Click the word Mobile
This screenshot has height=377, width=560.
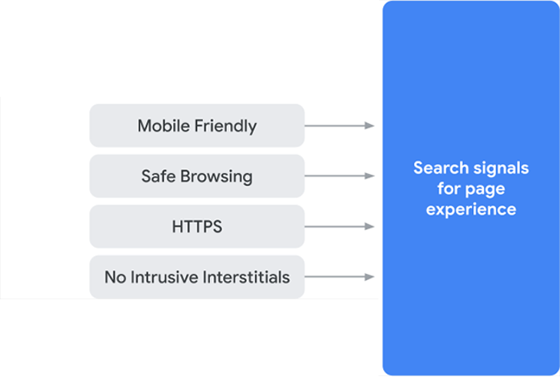coord(165,125)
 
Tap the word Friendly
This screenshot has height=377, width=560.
coord(226,126)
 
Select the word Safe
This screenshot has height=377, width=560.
coord(158,176)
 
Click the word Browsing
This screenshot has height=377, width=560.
coord(216,177)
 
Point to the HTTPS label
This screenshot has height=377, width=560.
coord(197,226)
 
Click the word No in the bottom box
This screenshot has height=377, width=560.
coord(115,277)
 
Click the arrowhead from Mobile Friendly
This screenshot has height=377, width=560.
coord(370,125)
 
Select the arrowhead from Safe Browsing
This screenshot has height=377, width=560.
coord(370,176)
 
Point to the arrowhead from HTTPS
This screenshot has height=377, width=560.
coord(370,226)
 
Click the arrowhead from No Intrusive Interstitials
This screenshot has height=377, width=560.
coord(370,276)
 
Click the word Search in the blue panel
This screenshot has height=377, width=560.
coord(441,168)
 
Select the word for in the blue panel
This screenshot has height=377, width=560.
coord(449,188)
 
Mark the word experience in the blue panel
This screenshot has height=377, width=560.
coord(471,210)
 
